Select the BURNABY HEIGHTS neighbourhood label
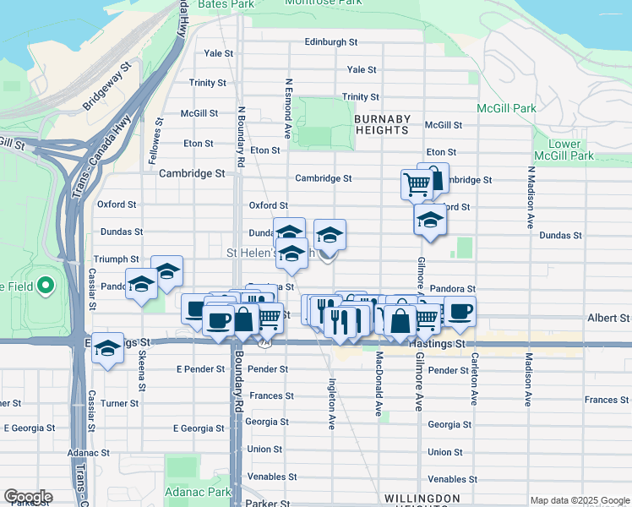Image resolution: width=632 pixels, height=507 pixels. [382, 124]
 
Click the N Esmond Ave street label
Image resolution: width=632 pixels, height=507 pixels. [288, 109]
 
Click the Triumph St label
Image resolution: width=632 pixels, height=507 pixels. [117, 259]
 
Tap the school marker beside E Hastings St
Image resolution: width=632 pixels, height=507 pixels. [108, 350]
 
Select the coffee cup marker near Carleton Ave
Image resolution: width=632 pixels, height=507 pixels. [460, 311]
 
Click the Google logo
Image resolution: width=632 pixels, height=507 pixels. [27, 497]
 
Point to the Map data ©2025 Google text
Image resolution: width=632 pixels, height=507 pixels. [579, 500]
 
